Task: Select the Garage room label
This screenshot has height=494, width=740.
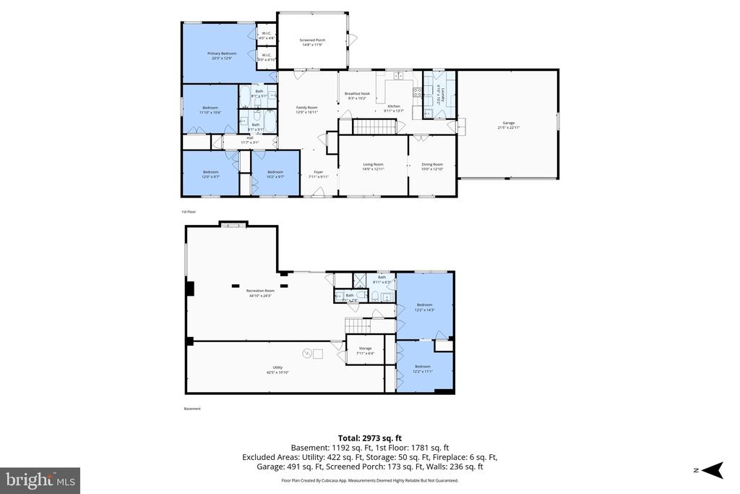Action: click(x=508, y=124)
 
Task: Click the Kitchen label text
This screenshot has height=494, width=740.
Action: click(x=394, y=106)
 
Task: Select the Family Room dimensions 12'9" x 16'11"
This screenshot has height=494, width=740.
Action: click(x=306, y=112)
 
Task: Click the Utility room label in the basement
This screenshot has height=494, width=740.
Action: click(x=277, y=369)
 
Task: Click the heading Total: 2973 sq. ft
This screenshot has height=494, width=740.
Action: click(x=369, y=438)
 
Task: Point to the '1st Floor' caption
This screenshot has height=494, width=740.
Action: click(x=188, y=212)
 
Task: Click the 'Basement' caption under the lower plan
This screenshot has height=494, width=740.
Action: click(x=192, y=409)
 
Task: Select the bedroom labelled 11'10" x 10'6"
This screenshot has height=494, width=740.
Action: click(x=210, y=110)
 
